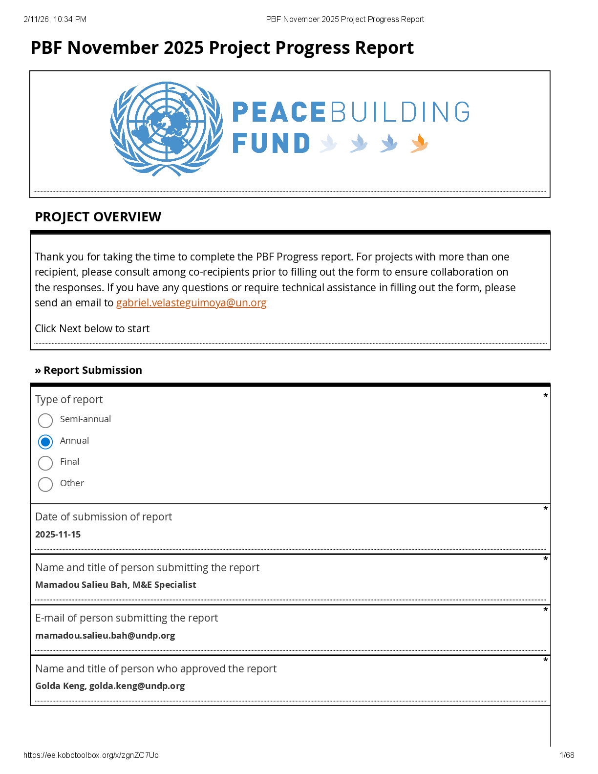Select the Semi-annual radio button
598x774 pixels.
(45, 420)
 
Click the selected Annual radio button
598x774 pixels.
(45, 442)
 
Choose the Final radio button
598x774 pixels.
(45, 463)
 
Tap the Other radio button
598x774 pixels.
(45, 484)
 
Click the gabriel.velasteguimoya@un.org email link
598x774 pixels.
(191, 303)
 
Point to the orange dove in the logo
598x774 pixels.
(419, 144)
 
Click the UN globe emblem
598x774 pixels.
(167, 129)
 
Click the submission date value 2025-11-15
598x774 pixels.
(58, 535)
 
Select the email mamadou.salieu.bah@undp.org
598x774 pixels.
(105, 636)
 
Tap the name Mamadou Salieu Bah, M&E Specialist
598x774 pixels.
(116, 585)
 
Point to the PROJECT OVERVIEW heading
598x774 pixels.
(98, 217)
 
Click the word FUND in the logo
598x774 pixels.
(271, 144)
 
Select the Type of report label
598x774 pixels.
(69, 400)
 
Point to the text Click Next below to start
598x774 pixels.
(92, 329)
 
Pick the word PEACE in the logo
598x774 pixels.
(278, 112)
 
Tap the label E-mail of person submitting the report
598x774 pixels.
(127, 618)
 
